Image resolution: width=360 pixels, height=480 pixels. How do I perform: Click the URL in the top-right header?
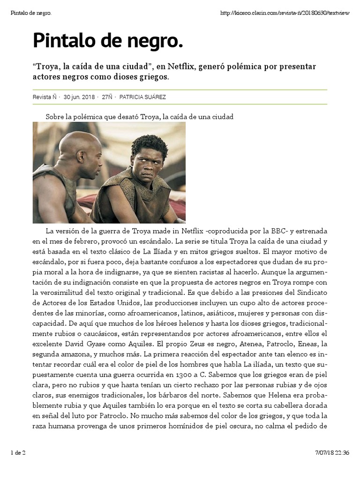[285, 13]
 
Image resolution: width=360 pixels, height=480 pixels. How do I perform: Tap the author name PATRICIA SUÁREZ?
[142, 97]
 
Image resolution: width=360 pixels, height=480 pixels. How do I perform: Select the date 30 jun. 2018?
[79, 97]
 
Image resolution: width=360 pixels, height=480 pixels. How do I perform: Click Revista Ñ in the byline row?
[45, 97]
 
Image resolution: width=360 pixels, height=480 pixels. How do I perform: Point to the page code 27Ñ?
[107, 97]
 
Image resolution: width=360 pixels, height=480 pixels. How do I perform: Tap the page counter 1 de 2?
[18, 452]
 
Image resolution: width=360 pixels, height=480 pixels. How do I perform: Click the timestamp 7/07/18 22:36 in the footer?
[332, 452]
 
